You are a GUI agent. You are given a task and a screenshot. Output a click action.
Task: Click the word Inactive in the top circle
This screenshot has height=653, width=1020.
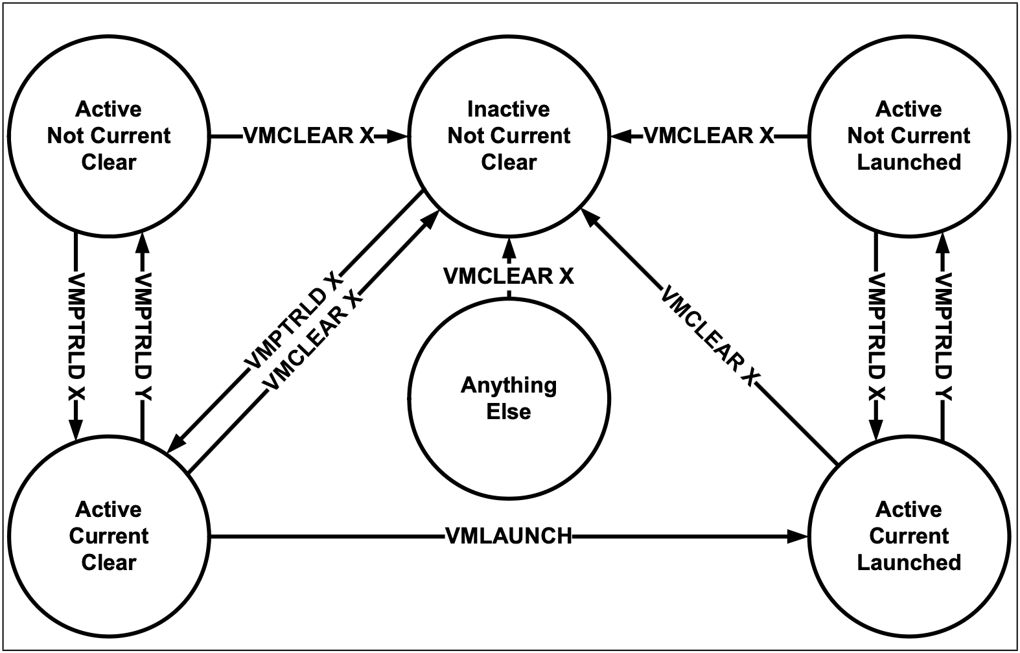509,109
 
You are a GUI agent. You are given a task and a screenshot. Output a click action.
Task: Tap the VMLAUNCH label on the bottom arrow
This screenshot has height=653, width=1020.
509,536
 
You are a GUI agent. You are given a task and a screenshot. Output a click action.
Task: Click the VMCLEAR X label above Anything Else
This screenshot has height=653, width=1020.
509,276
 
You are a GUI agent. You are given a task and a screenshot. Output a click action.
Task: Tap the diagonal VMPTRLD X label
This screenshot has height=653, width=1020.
294,321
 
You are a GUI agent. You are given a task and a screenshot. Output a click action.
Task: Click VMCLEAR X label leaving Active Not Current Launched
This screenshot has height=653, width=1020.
709,135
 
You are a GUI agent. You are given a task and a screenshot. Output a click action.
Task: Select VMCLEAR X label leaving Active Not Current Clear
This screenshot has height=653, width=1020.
308,135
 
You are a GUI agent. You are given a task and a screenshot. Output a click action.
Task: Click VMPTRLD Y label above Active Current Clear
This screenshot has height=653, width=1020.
143,338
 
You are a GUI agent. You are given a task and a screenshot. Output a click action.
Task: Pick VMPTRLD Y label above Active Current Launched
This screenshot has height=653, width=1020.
943,338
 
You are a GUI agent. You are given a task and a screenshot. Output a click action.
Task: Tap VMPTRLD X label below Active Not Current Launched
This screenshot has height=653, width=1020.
875,338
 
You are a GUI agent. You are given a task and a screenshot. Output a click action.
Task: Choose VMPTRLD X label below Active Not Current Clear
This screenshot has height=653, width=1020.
76,338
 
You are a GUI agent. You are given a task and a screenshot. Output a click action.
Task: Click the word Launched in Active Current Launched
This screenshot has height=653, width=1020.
909,563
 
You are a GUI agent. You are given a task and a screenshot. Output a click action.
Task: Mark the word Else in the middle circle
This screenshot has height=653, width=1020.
509,412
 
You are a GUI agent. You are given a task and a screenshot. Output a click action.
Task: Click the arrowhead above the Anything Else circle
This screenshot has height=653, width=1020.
509,247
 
